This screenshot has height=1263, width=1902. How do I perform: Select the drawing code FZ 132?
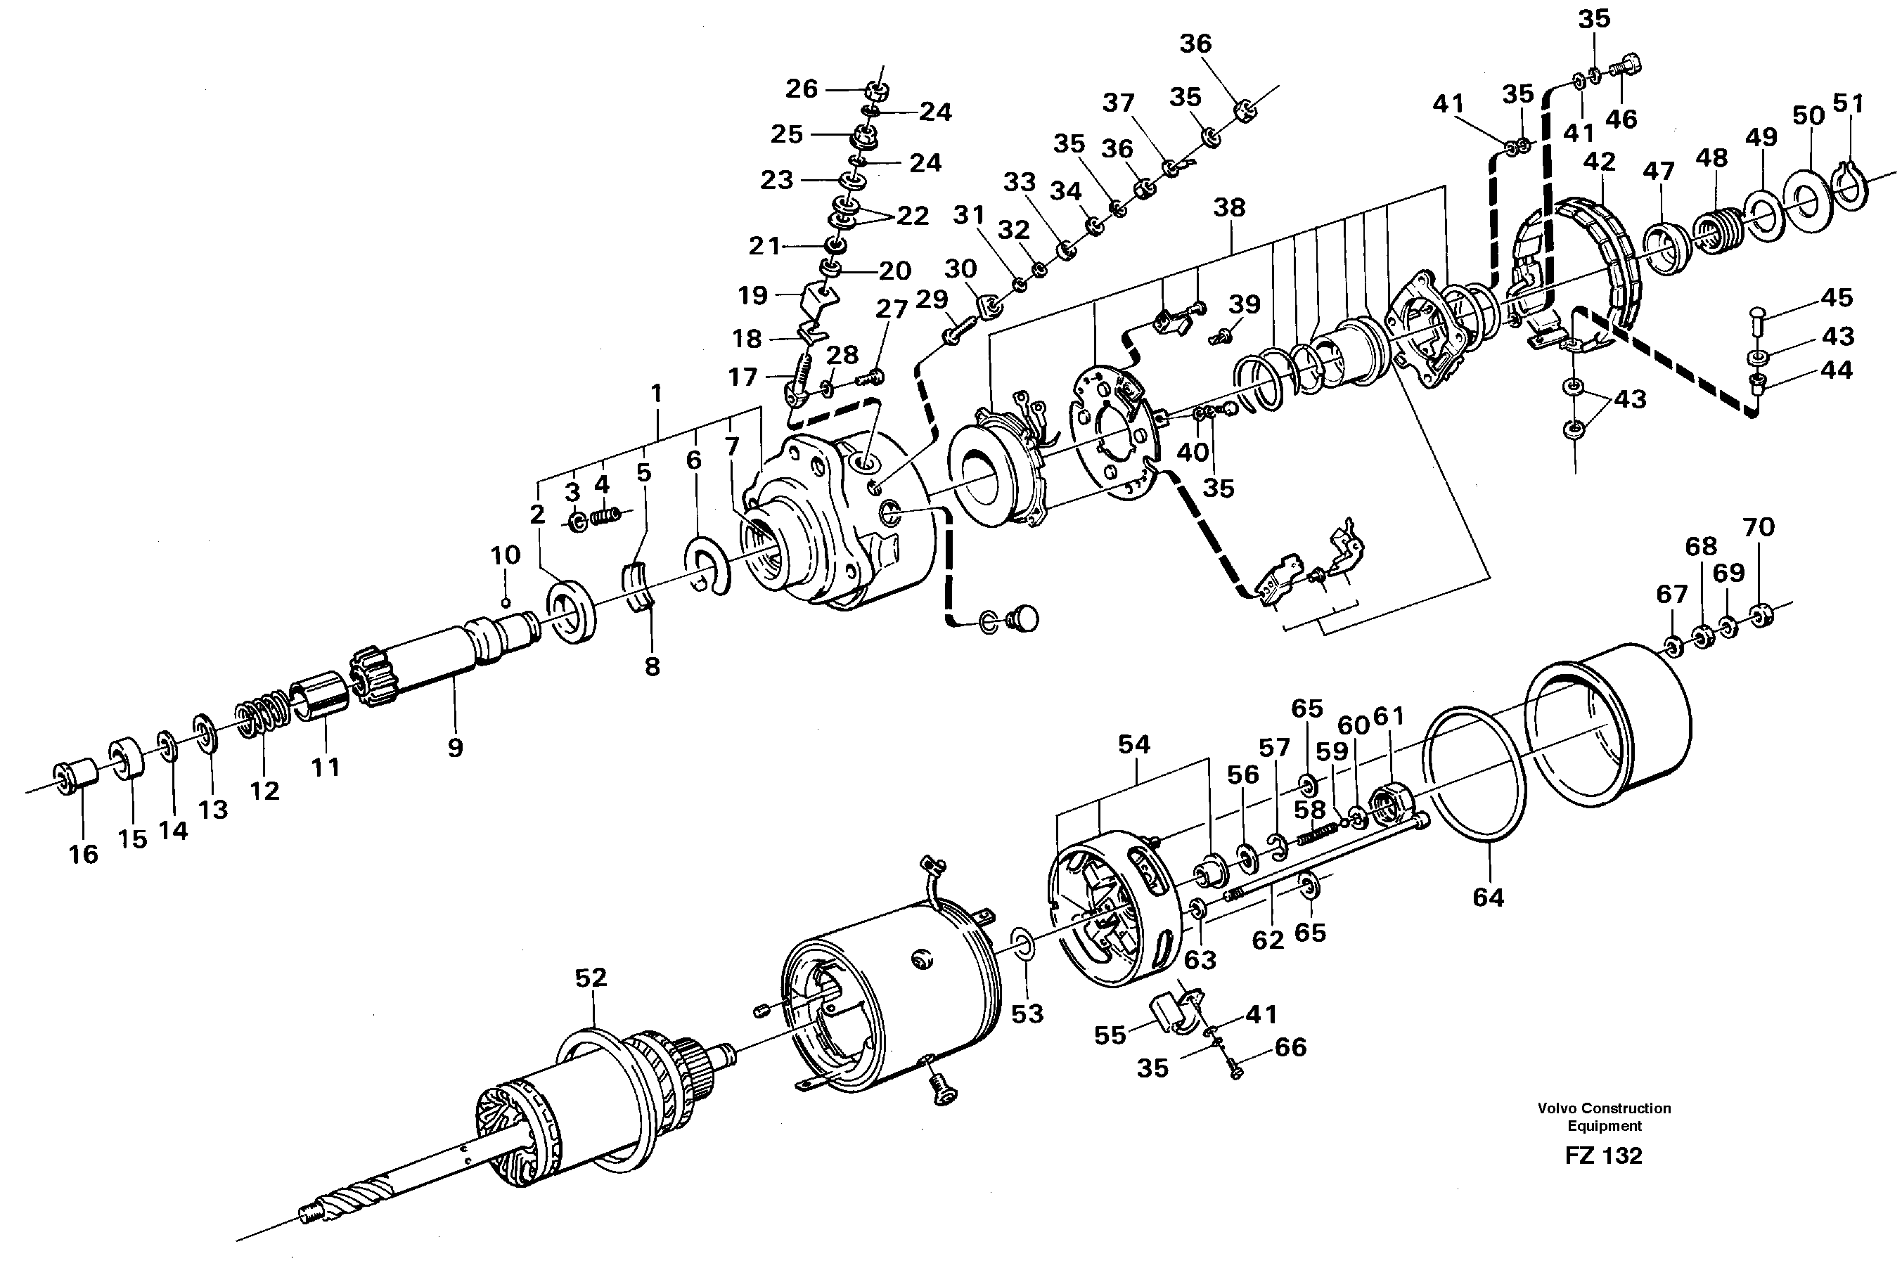tap(1602, 1156)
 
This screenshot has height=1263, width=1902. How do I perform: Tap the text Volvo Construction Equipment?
tap(1603, 1116)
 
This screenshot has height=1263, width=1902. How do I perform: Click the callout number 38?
tap(1228, 207)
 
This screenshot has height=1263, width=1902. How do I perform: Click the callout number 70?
tap(1758, 528)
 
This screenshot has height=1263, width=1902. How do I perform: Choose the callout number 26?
tap(801, 88)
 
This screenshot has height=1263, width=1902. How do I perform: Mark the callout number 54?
tap(1133, 744)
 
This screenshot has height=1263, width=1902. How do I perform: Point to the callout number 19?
tap(752, 296)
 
